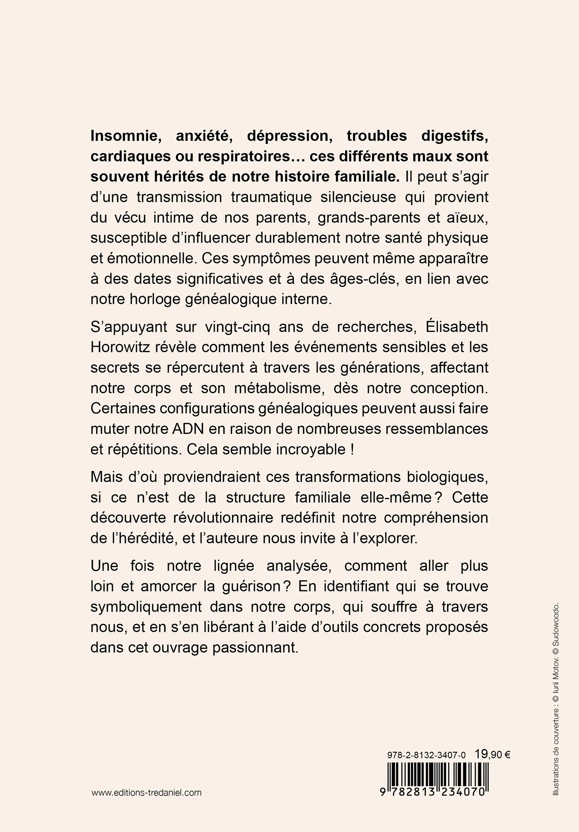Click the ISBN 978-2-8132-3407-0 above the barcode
pos(426,755)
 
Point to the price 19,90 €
pos(492,754)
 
